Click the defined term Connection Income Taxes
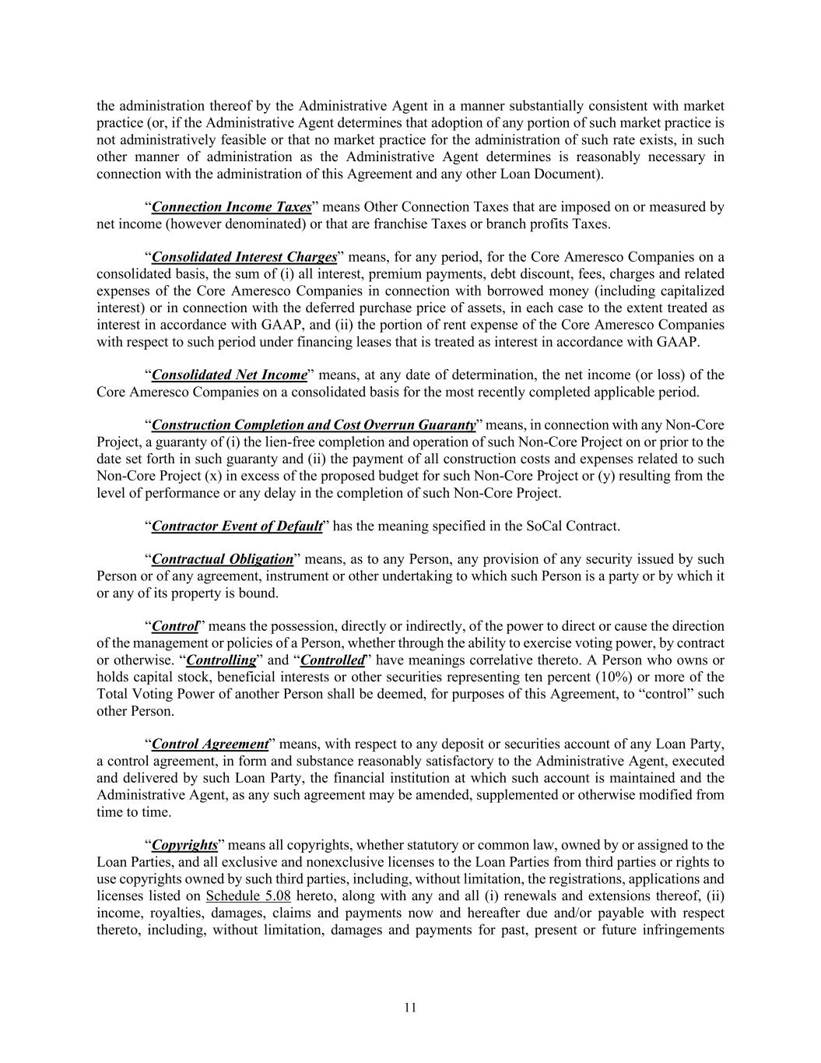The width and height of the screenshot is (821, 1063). (x=231, y=207)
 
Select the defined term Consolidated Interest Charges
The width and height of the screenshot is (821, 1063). (x=244, y=257)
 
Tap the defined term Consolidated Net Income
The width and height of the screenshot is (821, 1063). (x=230, y=375)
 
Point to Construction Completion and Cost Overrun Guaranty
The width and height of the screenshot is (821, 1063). (x=314, y=425)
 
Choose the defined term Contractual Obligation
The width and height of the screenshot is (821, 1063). (x=223, y=559)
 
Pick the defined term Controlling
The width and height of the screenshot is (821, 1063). (x=222, y=660)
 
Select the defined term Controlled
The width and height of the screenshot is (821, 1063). (x=332, y=660)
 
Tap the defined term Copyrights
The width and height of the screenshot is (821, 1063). (x=184, y=845)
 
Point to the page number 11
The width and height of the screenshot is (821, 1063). (x=410, y=1008)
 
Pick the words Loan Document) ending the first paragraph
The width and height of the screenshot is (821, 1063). (x=553, y=174)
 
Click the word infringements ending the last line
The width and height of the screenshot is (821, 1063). (x=684, y=930)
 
